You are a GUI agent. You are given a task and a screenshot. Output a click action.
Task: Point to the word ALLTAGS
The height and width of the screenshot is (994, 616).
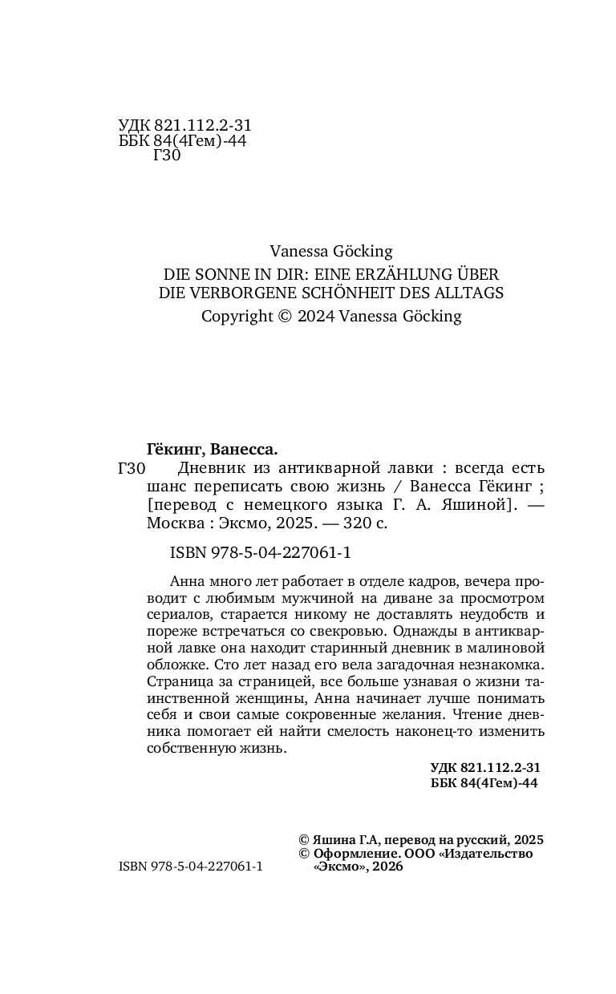[470, 293]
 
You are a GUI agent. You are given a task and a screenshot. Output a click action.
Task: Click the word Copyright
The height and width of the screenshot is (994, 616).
[237, 316]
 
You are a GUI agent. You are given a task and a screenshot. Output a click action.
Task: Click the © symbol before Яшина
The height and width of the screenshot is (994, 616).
[302, 839]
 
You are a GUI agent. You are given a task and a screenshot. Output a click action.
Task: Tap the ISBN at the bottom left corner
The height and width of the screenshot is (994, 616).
[190, 867]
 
